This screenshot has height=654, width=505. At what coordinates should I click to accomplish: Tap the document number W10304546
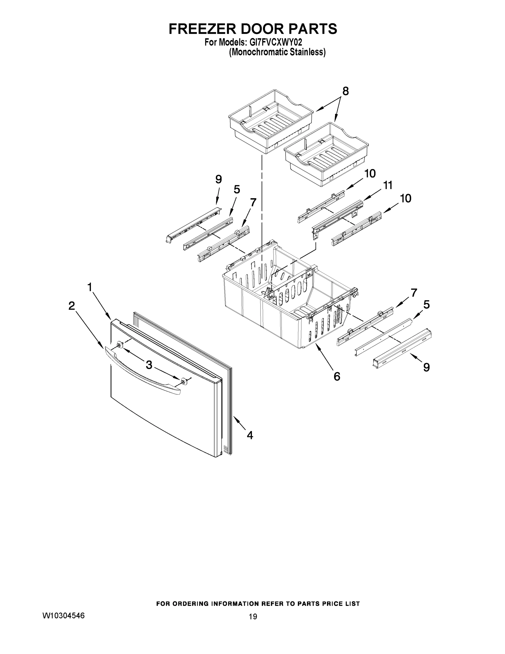63,615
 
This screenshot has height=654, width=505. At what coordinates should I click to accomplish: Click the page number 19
253,616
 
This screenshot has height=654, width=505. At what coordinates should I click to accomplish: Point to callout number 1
89,287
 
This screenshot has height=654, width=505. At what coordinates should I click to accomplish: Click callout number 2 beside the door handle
72,306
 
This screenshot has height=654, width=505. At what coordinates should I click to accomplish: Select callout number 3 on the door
149,364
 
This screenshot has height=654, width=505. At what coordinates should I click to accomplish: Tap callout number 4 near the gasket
250,435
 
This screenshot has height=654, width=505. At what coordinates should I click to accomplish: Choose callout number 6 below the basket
337,376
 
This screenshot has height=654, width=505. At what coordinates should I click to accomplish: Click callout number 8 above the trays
345,91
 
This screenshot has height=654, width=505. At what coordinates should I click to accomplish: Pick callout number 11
388,186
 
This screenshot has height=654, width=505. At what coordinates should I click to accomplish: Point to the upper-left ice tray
269,121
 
